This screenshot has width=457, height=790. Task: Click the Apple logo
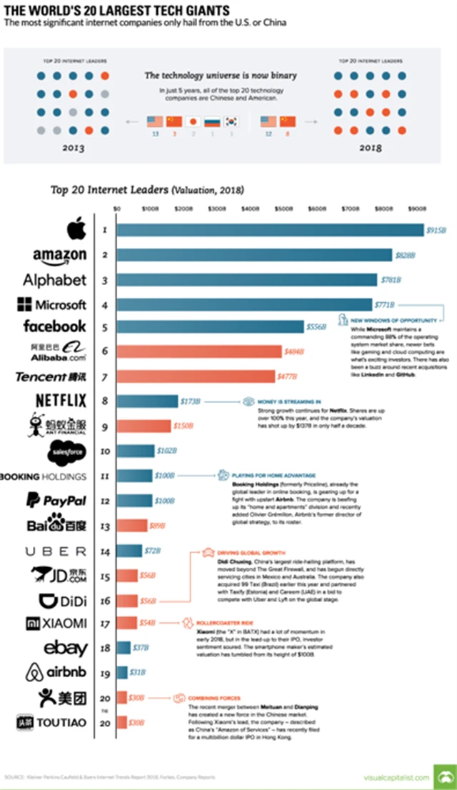click(x=76, y=230)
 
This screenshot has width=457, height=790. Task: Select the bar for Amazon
click(x=254, y=255)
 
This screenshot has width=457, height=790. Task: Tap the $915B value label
click(x=436, y=230)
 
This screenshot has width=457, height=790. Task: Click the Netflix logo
click(x=61, y=401)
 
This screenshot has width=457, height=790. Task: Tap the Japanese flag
click(x=191, y=121)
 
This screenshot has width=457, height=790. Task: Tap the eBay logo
click(x=66, y=648)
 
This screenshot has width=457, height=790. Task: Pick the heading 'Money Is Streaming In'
click(x=285, y=401)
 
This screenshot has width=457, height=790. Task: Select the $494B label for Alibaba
click(x=293, y=351)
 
